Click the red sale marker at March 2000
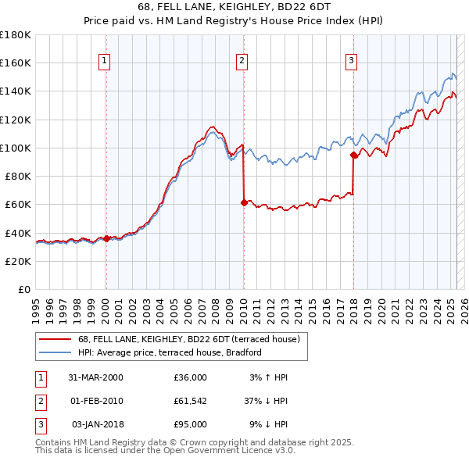(x=106, y=238)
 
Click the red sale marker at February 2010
(x=243, y=202)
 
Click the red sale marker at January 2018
(x=353, y=155)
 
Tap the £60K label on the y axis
(x=18, y=205)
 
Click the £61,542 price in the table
(x=190, y=401)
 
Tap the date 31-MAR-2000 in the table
(x=95, y=377)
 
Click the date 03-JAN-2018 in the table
(x=97, y=424)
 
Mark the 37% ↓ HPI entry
(x=266, y=401)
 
